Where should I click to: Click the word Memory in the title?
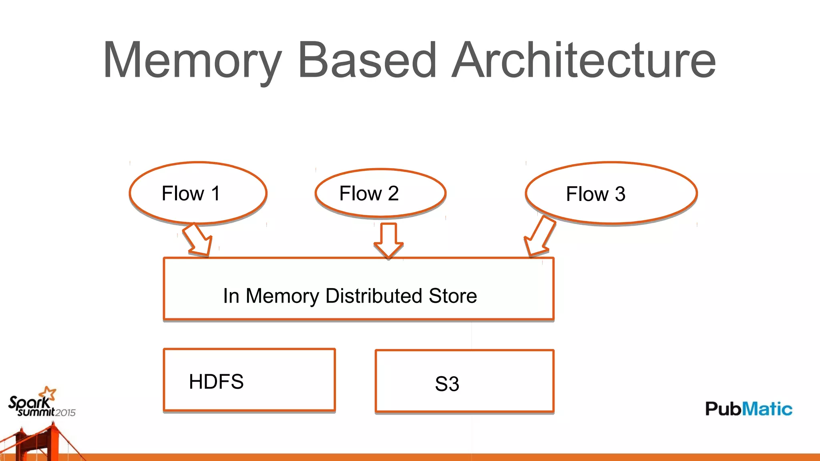192,60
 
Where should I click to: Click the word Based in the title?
367,60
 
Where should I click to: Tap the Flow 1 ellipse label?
191,194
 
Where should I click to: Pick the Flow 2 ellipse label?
369,194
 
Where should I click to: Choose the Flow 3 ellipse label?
595,194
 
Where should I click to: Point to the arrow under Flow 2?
388,241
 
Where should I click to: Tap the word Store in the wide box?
452,296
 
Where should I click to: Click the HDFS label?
216,382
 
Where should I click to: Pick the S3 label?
447,384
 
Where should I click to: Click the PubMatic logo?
748,409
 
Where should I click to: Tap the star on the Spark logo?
50,393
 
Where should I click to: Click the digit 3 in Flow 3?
620,194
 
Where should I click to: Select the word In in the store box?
231,296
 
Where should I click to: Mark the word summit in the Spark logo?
36,412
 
